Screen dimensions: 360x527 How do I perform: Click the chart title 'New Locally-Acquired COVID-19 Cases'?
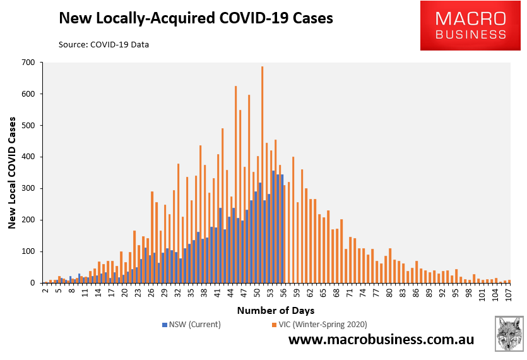click(x=196, y=19)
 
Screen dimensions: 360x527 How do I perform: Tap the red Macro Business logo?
click(x=472, y=26)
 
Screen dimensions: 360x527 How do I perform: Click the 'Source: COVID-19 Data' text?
click(x=104, y=44)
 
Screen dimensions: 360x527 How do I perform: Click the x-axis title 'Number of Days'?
click(x=275, y=311)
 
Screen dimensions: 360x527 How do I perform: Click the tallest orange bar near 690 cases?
click(x=262, y=174)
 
